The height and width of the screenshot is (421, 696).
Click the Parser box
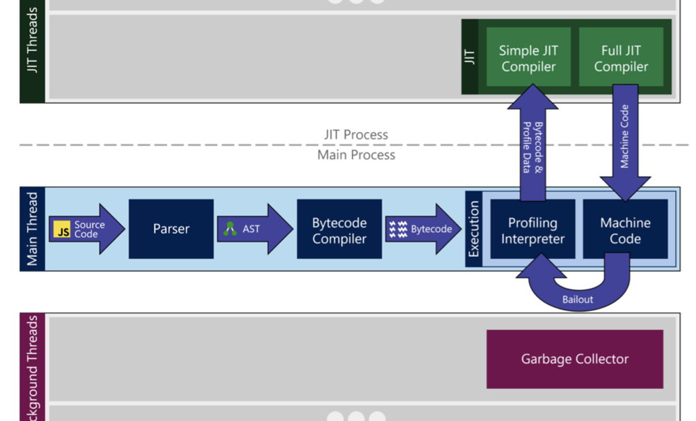tap(171, 229)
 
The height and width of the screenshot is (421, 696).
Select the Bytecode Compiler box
tap(339, 230)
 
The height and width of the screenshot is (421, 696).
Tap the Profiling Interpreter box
tap(532, 230)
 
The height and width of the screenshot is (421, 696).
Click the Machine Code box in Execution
tap(625, 230)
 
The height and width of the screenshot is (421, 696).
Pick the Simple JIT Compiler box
tap(528, 58)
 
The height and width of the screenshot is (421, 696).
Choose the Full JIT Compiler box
tap(621, 58)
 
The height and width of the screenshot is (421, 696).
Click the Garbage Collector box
tap(574, 359)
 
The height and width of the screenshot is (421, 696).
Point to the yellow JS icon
tap(63, 230)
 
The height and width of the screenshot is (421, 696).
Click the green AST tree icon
tap(230, 228)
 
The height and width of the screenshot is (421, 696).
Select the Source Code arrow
tap(87, 229)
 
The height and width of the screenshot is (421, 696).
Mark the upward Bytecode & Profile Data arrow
tap(532, 146)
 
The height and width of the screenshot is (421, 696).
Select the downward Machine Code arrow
tap(624, 146)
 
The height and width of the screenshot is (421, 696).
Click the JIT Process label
tap(356, 134)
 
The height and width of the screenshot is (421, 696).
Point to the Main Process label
tap(356, 154)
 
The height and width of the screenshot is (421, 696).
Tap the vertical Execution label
tap(474, 229)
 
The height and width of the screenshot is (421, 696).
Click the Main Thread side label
tap(32, 229)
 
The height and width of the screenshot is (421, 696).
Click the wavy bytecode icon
tap(398, 229)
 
